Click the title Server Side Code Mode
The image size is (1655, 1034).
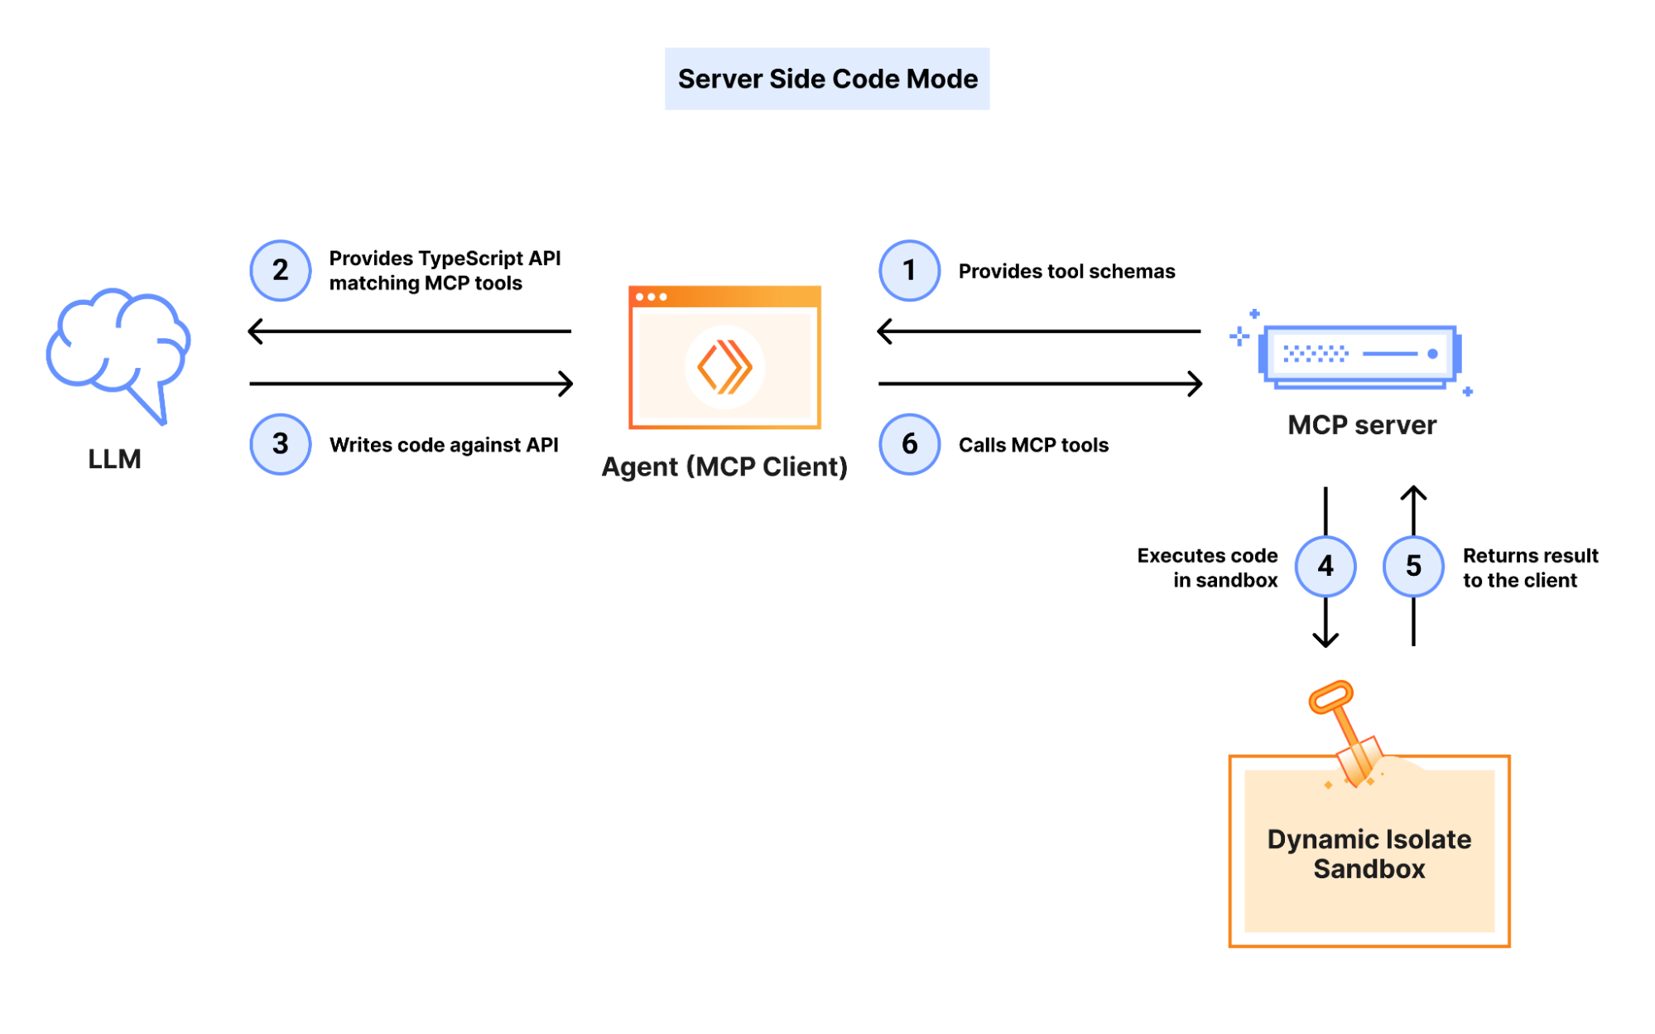[x=827, y=79]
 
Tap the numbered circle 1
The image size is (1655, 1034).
[x=909, y=270]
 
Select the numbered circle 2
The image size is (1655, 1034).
[x=280, y=270]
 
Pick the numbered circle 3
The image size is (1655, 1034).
[x=280, y=444]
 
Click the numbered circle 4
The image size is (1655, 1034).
[x=1325, y=566]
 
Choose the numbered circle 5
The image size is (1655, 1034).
[x=1413, y=566]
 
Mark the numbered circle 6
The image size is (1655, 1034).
[x=909, y=444]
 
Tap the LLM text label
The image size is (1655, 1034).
[x=114, y=459]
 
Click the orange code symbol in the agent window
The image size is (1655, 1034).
[x=724, y=366]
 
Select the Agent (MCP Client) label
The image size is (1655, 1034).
[x=724, y=466]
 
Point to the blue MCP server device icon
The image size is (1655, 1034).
[x=1359, y=355]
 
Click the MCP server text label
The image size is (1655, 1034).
[x=1362, y=425]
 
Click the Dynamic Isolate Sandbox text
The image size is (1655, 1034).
[x=1369, y=853]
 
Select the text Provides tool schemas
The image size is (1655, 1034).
[x=1066, y=271]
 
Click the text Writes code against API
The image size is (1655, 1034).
[x=444, y=445]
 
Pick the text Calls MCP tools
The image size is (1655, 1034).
[x=1033, y=445]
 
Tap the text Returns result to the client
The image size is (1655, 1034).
[x=1529, y=568]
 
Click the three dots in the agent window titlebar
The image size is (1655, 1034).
[x=651, y=297]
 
